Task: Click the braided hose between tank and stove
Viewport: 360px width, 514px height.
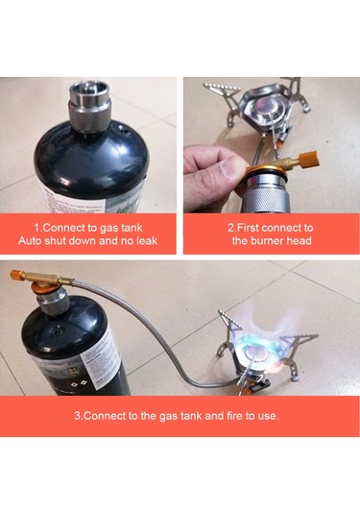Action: tap(163, 336)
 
